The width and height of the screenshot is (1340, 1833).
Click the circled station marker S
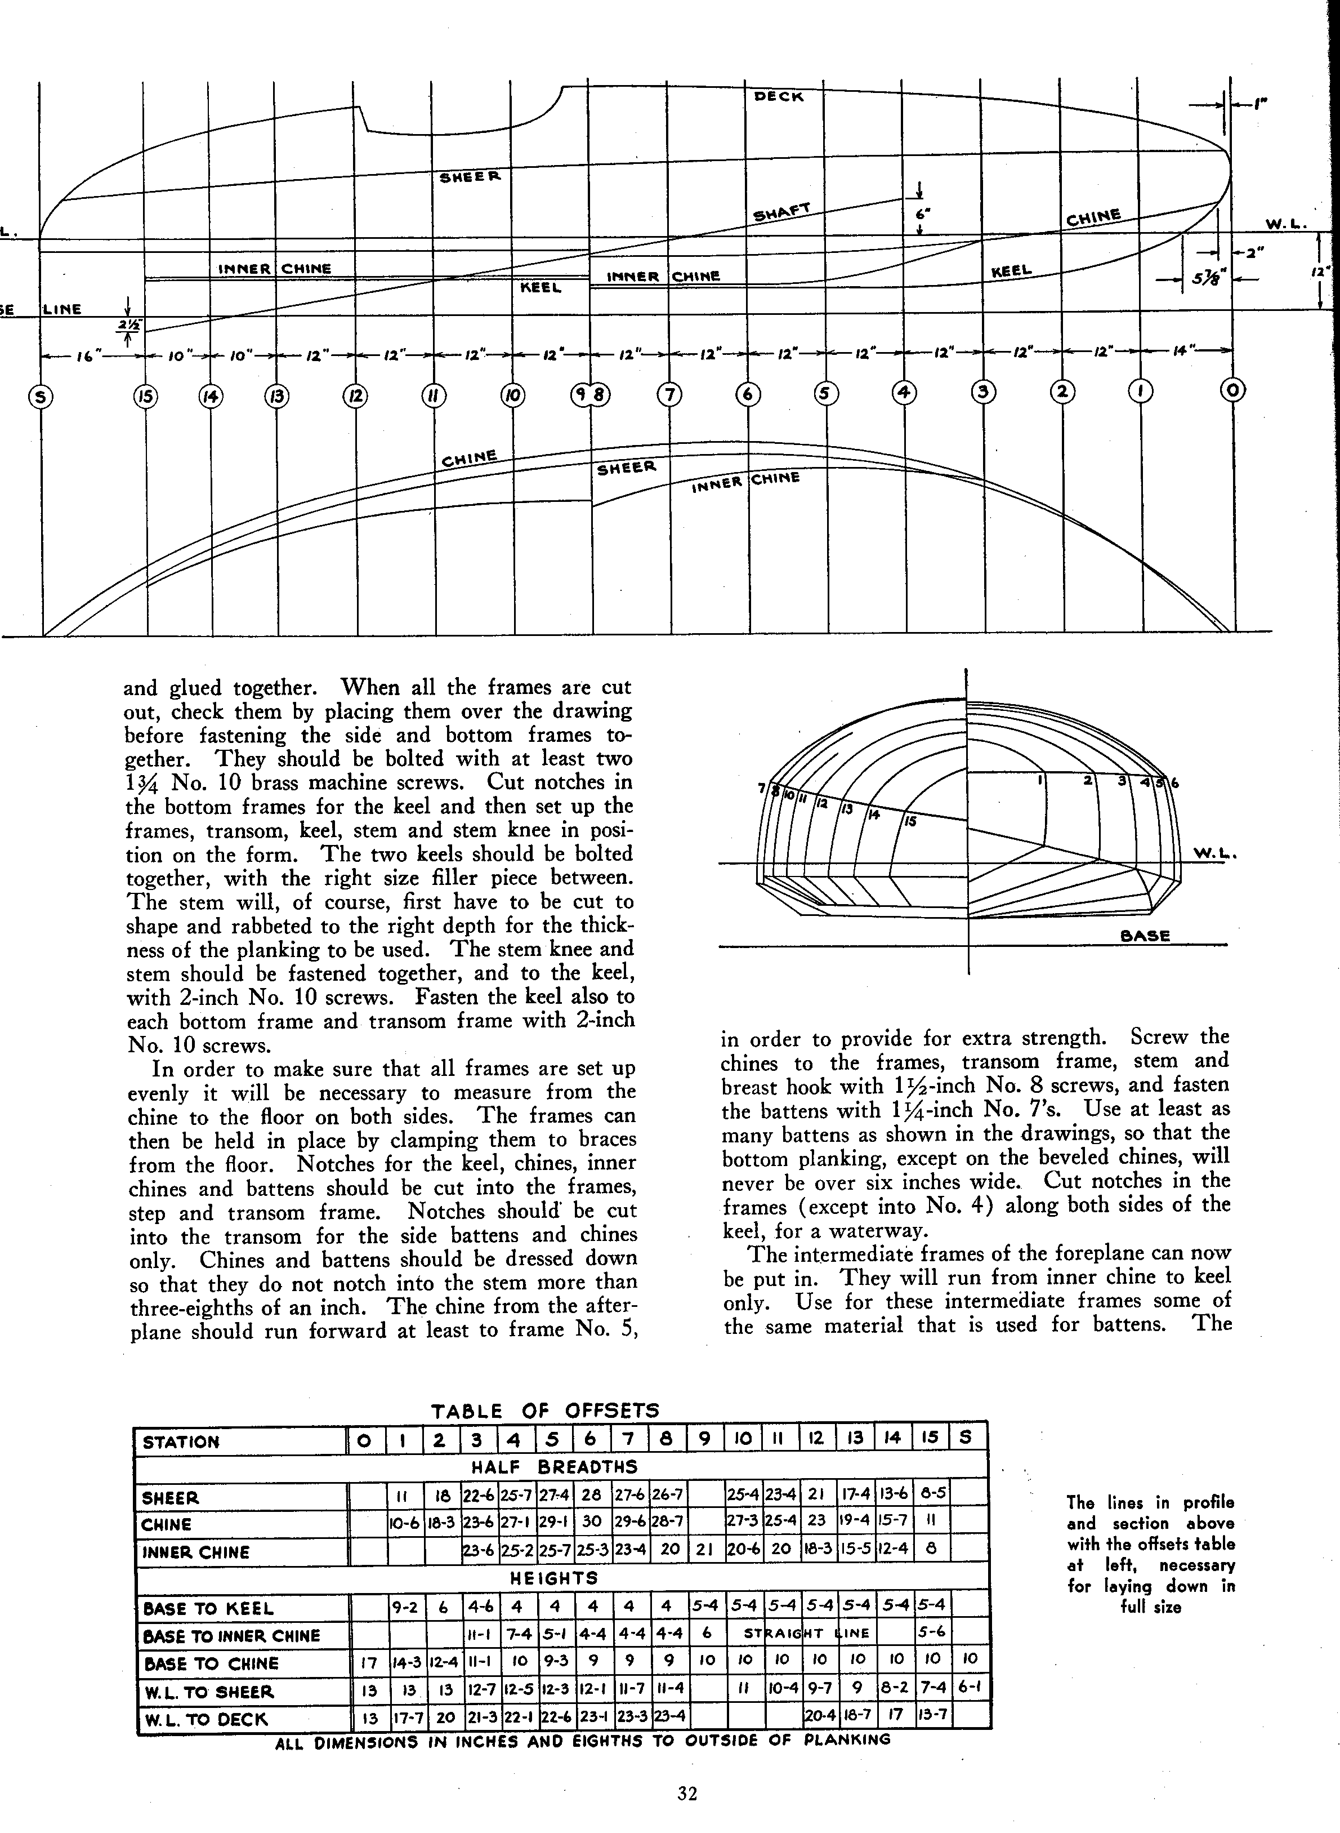point(41,397)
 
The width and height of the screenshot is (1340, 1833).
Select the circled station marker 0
point(1233,391)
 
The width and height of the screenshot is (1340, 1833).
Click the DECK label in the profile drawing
point(779,96)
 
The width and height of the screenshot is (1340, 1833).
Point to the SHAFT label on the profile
point(782,212)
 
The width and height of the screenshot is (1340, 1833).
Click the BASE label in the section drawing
point(1145,936)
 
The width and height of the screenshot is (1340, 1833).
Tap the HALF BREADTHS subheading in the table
point(555,1467)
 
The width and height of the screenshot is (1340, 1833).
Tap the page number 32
point(687,1793)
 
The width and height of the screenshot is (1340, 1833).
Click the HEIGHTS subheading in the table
point(555,1578)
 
